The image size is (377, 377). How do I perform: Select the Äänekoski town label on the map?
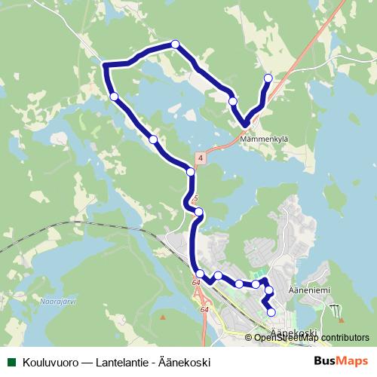pos(290,333)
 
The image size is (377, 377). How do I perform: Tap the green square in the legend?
pos(11,361)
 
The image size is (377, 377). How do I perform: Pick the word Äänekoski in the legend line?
pos(185,361)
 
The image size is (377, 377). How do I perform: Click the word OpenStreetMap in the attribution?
pos(289,337)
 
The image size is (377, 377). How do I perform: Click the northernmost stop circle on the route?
pos(176,44)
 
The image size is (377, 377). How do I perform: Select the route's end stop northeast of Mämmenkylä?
pos(268,78)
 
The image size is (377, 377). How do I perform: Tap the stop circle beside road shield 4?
pos(191,172)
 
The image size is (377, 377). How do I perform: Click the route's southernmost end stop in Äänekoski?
pos(271,312)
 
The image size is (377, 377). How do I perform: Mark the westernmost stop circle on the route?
pos(114,97)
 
